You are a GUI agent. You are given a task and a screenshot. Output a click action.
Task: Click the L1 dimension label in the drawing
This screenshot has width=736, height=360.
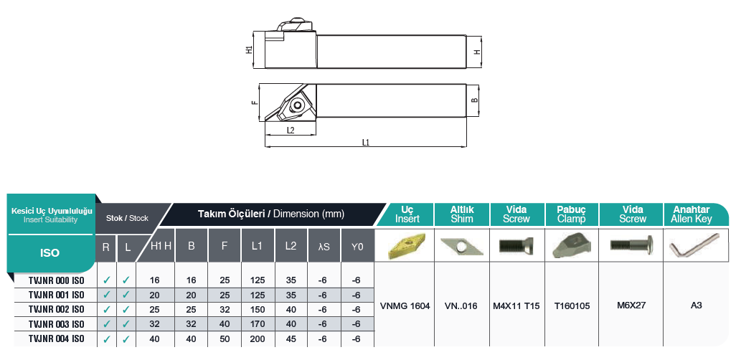click(x=365, y=143)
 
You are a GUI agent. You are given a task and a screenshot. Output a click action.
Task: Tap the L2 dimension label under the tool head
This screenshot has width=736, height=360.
click(x=291, y=131)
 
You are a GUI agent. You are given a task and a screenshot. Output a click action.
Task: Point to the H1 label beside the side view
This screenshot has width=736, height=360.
click(x=249, y=50)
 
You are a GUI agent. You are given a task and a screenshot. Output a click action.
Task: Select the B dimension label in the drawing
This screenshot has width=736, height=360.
click(x=474, y=100)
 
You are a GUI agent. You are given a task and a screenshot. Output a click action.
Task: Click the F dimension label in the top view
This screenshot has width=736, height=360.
click(x=255, y=103)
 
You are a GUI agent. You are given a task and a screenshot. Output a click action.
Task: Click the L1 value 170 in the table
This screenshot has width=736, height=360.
click(x=258, y=323)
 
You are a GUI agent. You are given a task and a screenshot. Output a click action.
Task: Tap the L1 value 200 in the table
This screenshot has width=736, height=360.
click(x=258, y=338)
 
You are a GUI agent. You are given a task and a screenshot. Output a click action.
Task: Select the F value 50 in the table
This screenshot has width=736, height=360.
click(x=225, y=338)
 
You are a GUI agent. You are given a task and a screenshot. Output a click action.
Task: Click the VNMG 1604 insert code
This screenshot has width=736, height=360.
click(x=407, y=305)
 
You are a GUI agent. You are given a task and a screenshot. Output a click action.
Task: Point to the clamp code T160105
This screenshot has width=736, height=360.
click(x=572, y=305)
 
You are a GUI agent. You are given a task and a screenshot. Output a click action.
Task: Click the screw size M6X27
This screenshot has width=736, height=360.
click(x=631, y=305)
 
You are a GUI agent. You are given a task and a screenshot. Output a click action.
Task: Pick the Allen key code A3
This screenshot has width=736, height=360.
click(x=696, y=305)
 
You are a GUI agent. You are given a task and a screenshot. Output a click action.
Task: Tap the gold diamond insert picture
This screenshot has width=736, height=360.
click(x=407, y=245)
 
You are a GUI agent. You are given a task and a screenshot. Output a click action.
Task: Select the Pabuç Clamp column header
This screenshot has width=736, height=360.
click(x=572, y=214)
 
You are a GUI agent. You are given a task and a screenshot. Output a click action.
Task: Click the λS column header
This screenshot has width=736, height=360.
click(x=324, y=246)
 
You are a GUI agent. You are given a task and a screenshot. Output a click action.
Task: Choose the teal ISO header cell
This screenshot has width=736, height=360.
click(x=50, y=252)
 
